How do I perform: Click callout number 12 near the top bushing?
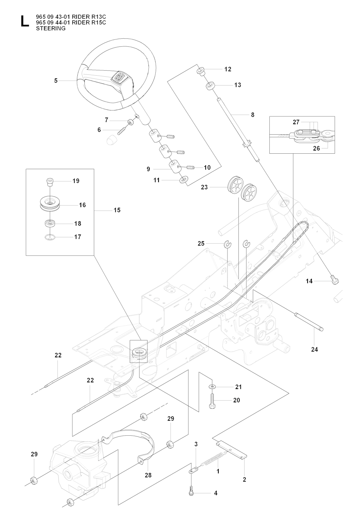228,69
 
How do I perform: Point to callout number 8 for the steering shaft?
252,115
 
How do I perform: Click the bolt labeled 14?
334,280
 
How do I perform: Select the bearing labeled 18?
49,223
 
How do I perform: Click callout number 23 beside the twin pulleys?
204,187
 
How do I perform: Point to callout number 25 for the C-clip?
201,243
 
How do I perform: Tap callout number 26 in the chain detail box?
316,148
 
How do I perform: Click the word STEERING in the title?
51,28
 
